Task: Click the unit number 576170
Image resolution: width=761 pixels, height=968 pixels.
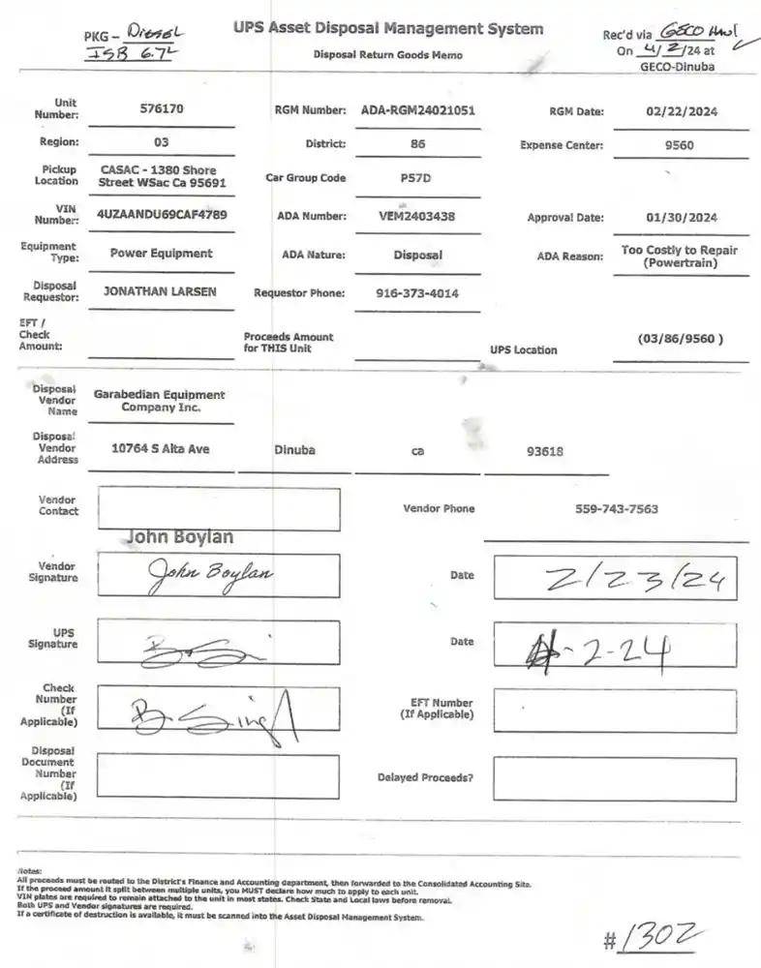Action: click(161, 109)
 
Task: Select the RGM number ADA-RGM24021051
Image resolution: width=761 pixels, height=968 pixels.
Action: click(417, 110)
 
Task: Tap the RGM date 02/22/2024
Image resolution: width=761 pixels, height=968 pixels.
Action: click(681, 111)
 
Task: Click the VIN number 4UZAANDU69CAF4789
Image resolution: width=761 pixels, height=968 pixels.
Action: click(162, 215)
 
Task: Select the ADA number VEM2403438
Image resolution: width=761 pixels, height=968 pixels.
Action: click(417, 217)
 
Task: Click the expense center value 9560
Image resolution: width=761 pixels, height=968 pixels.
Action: click(681, 145)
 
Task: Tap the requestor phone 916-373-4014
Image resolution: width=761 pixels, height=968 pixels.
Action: click(417, 293)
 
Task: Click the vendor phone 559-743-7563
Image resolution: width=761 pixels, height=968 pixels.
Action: click(616, 509)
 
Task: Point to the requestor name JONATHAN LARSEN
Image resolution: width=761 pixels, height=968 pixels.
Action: click(161, 291)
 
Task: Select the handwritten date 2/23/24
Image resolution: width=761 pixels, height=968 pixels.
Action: click(634, 580)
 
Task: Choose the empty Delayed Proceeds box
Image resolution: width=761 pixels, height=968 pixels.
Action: click(615, 778)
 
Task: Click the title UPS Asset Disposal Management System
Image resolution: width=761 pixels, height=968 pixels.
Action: click(388, 29)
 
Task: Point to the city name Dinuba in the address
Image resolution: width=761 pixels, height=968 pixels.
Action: click(294, 450)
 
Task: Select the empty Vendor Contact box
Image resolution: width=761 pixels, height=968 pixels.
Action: click(218, 509)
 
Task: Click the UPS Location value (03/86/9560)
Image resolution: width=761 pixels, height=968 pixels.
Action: click(681, 339)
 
